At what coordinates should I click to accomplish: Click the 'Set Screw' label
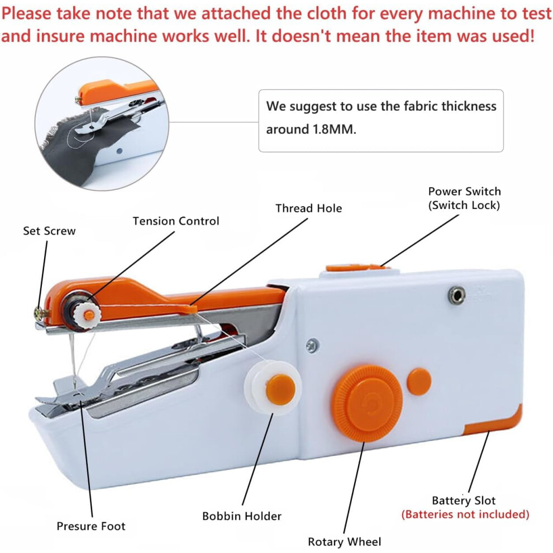click(x=49, y=231)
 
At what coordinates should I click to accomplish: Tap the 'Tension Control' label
click(x=176, y=221)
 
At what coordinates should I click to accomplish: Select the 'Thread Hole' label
click(x=308, y=208)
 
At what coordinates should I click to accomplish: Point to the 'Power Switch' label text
click(x=465, y=192)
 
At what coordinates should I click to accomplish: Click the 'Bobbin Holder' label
click(x=242, y=516)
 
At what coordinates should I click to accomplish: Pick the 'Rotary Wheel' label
click(x=345, y=542)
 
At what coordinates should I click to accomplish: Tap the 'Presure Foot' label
click(x=91, y=526)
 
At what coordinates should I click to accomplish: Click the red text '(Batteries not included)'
click(x=465, y=514)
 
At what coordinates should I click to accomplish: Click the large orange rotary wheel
click(x=368, y=403)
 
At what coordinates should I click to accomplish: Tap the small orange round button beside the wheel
click(x=419, y=382)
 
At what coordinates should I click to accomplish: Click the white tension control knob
click(x=88, y=314)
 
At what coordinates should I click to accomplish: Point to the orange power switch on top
click(x=356, y=268)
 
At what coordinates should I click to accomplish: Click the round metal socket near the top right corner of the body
click(x=457, y=295)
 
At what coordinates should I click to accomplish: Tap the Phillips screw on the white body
click(x=312, y=345)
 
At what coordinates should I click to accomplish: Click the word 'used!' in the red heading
click(x=514, y=36)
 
